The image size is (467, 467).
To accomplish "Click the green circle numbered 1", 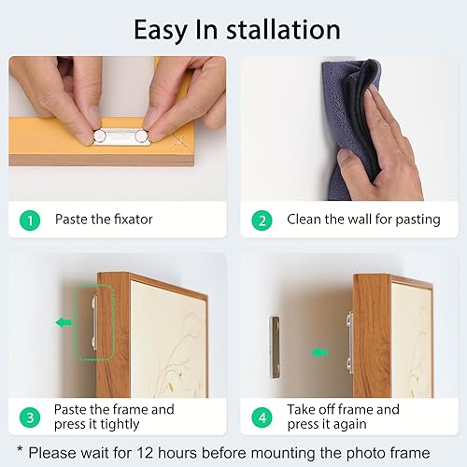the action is pyautogui.click(x=30, y=220).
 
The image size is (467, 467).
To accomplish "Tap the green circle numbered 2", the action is pyautogui.click(x=262, y=220).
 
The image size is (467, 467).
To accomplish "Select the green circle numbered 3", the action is pyautogui.click(x=30, y=417).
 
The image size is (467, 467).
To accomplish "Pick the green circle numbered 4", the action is pyautogui.click(x=262, y=417).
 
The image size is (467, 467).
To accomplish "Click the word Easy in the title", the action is pyautogui.click(x=161, y=31).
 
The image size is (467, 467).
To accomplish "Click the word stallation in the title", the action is pyautogui.click(x=283, y=30).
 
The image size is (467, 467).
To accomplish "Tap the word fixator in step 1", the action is pyautogui.click(x=133, y=219).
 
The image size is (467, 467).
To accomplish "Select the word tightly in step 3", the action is pyautogui.click(x=120, y=425).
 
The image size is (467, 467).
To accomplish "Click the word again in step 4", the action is pyautogui.click(x=349, y=425).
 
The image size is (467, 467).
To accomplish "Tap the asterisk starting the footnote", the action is pyautogui.click(x=20, y=449).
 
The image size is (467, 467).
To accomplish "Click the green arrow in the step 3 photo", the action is pyautogui.click(x=64, y=322).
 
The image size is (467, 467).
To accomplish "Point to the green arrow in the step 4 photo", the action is pyautogui.click(x=319, y=353).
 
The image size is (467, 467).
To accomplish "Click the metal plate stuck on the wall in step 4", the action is pyautogui.click(x=275, y=347).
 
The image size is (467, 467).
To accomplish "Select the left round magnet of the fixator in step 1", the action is pyautogui.click(x=100, y=135).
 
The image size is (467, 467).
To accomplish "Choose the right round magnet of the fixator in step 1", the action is pyautogui.click(x=141, y=135).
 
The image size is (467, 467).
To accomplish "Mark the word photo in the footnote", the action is pyautogui.click(x=365, y=454).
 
